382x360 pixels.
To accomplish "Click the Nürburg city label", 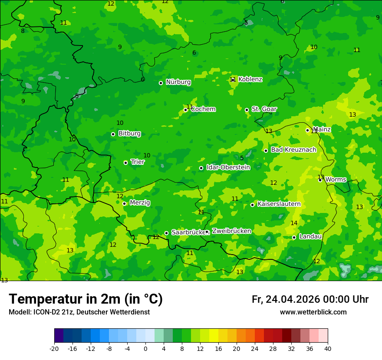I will (178, 82).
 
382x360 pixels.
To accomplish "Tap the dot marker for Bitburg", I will (113, 134).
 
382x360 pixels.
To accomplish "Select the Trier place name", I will (138, 162).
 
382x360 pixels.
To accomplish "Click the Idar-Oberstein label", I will (228, 167).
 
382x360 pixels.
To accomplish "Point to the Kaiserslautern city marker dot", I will (252, 205).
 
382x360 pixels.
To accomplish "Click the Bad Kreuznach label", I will (293, 150).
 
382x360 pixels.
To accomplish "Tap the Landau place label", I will (310, 236).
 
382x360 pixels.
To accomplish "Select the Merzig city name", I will (140, 203).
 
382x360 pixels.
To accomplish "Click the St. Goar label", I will (264, 109).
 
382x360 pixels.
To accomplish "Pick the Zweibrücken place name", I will (231, 231).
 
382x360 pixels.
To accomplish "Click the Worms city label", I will (336, 180).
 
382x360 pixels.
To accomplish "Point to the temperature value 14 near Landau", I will (294, 223).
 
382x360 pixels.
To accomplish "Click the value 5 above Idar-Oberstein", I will (242, 158).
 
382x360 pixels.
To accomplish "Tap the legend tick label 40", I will (327, 349).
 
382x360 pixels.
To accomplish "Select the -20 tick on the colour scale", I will (54, 349).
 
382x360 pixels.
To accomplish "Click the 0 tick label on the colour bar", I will (145, 349).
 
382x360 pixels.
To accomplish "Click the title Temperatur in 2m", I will (86, 299).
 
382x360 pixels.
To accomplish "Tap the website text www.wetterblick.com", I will (313, 312).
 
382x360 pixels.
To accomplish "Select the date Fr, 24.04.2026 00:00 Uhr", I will (310, 299).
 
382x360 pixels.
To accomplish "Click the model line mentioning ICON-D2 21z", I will (79, 312).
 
